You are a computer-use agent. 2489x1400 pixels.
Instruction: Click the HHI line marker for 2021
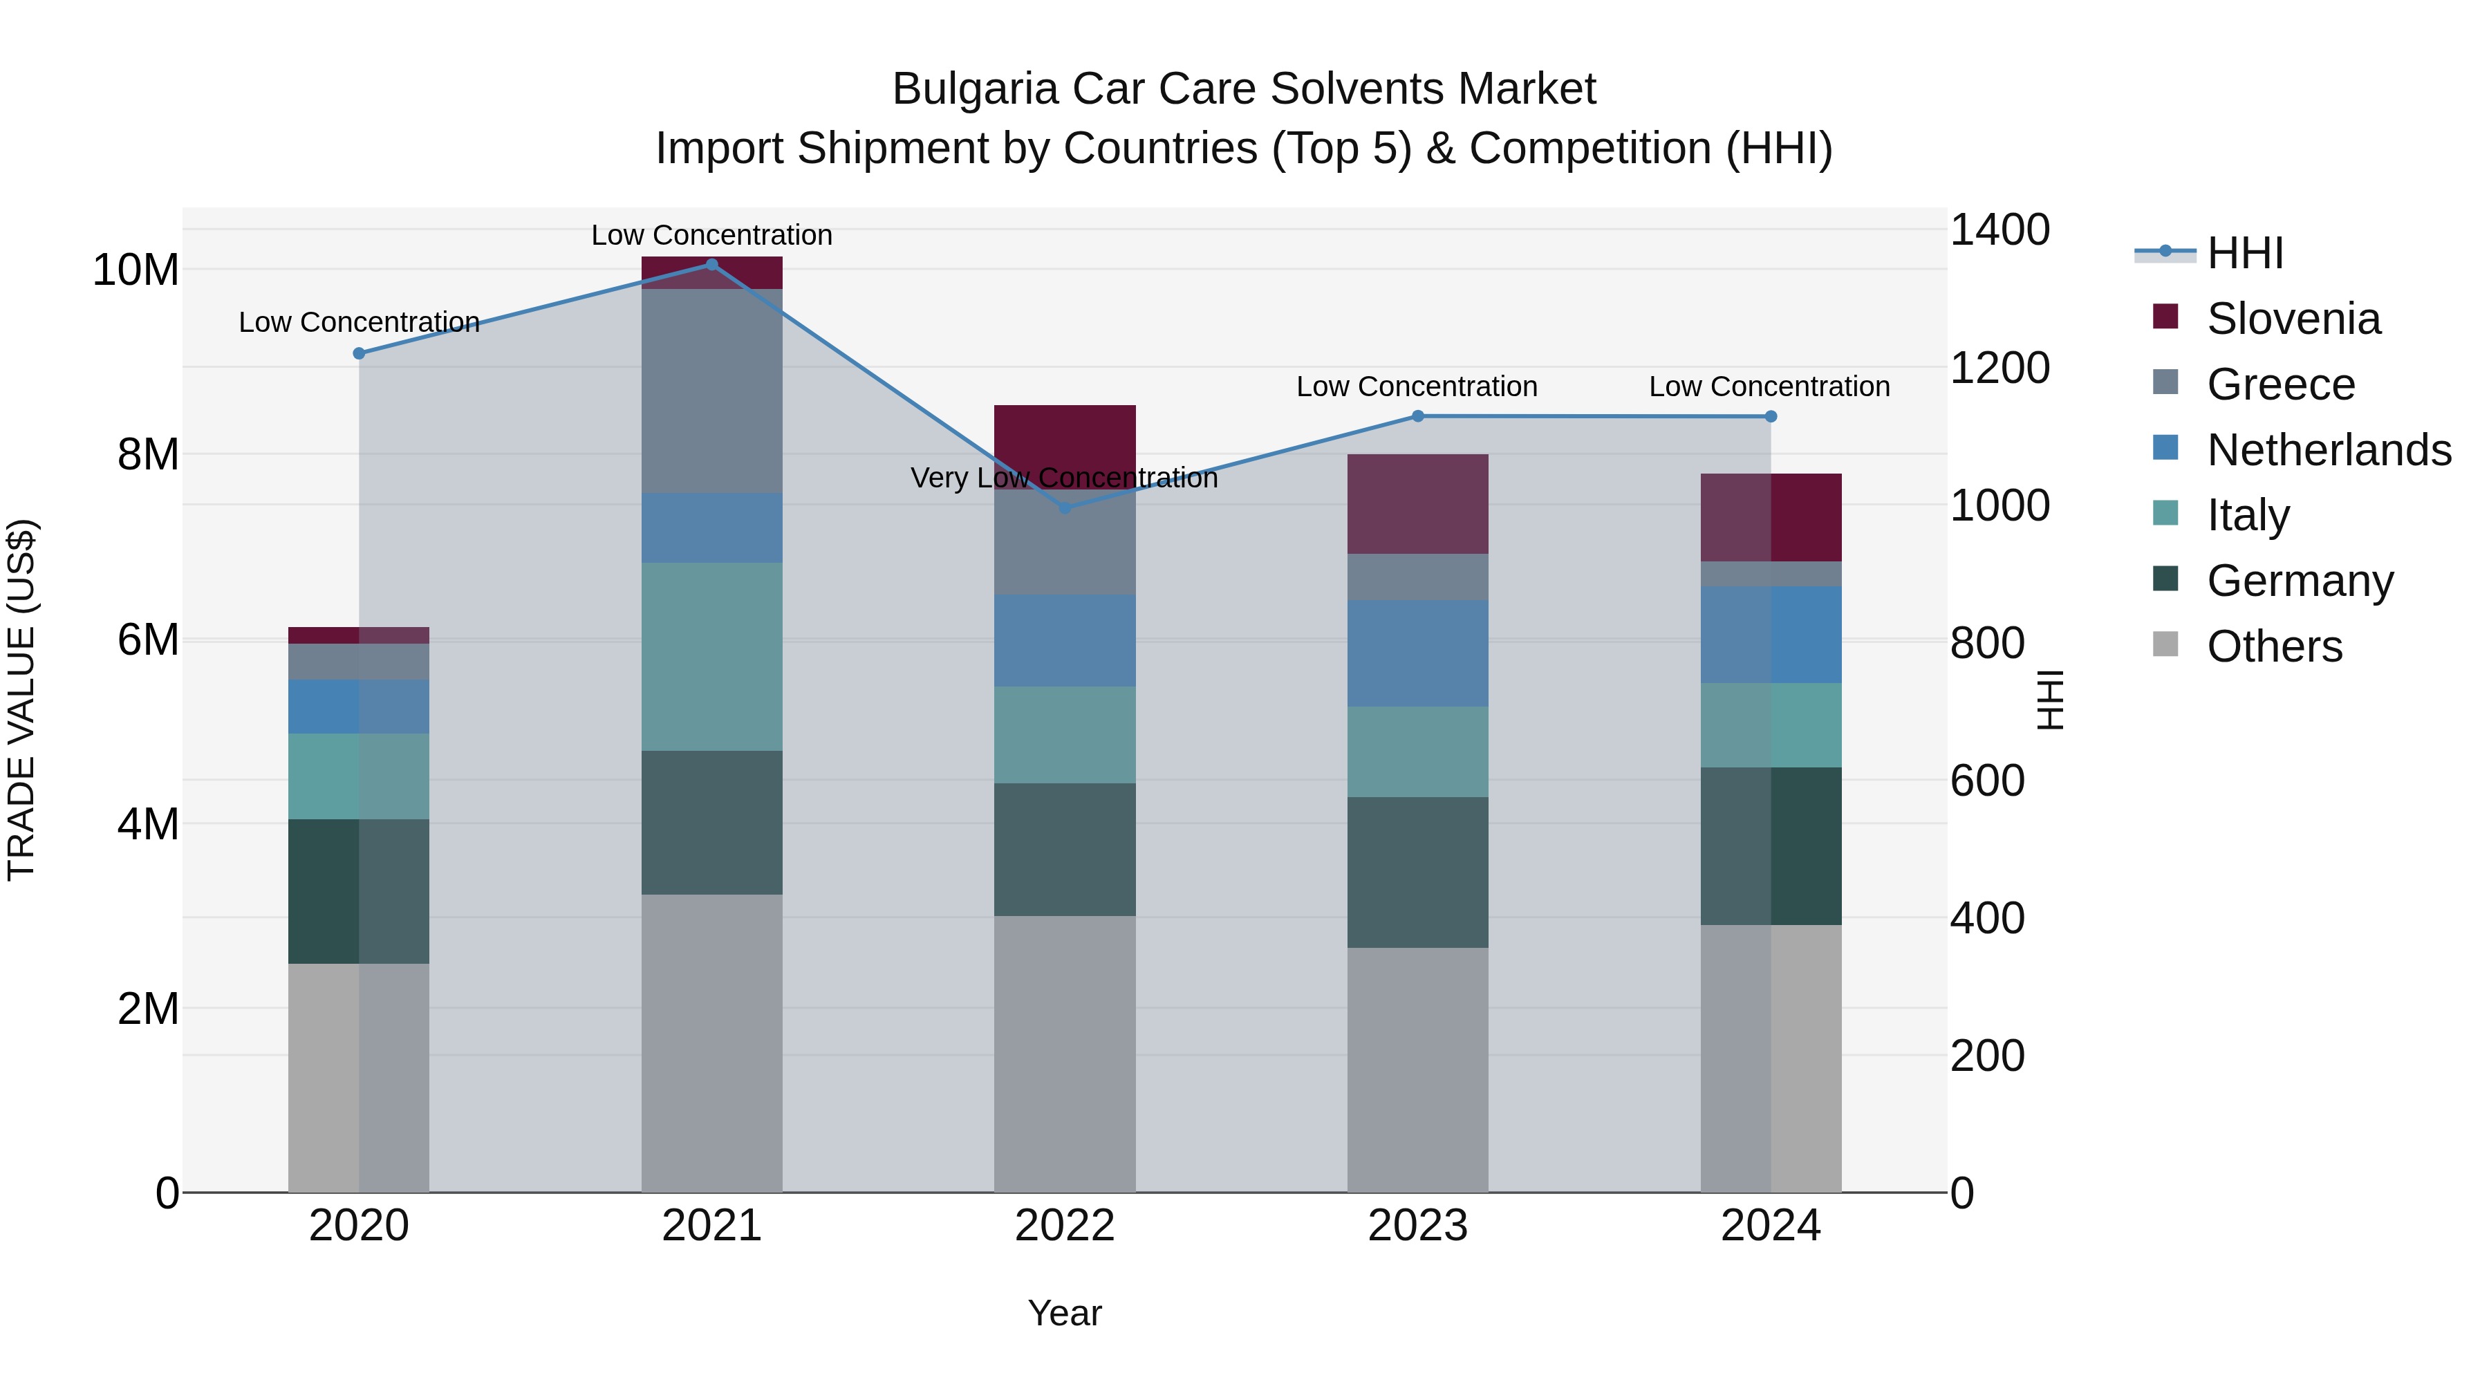tap(711, 265)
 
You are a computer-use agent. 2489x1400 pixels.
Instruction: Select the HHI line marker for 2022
tap(1065, 507)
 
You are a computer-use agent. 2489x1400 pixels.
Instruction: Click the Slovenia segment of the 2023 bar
tap(1417, 503)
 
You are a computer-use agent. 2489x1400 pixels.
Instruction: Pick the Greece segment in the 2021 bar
tap(711, 391)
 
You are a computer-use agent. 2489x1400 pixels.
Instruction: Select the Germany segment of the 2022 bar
tap(1065, 849)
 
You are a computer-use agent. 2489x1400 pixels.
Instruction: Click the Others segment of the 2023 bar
tap(1417, 1070)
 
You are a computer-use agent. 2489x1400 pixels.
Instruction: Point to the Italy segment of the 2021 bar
tap(711, 657)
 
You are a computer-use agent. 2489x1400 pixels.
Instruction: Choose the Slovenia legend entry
tap(2293, 319)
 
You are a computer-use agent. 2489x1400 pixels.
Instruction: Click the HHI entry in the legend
tap(2244, 253)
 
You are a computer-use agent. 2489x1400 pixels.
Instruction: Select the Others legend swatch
tap(2165, 644)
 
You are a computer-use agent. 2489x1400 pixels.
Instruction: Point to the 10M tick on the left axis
tap(136, 270)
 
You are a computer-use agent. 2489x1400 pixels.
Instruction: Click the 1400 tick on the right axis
tap(1999, 230)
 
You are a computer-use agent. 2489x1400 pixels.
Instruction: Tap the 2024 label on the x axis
tap(1770, 1226)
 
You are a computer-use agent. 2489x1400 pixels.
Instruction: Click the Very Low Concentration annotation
tap(1064, 478)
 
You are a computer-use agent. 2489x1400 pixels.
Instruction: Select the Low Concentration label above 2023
tap(1417, 386)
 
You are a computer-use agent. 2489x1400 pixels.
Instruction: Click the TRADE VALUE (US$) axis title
tap(21, 700)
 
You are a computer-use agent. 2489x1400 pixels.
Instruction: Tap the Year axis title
tap(1064, 1313)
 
